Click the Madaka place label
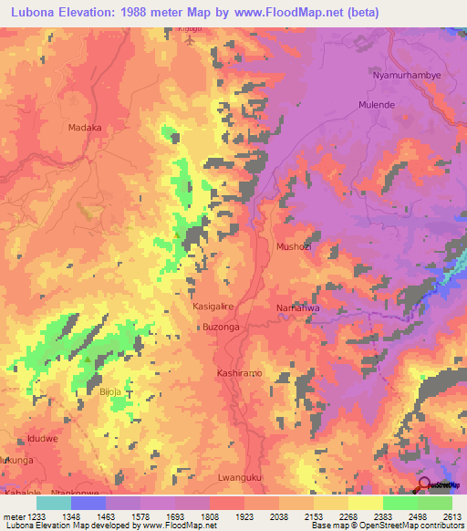[x=84, y=129]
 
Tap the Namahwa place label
[x=296, y=308]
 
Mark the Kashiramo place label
[x=239, y=374]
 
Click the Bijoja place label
[x=109, y=391]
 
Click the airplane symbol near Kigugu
[x=191, y=41]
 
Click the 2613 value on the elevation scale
[x=452, y=516]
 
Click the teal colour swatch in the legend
[x=54, y=503]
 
